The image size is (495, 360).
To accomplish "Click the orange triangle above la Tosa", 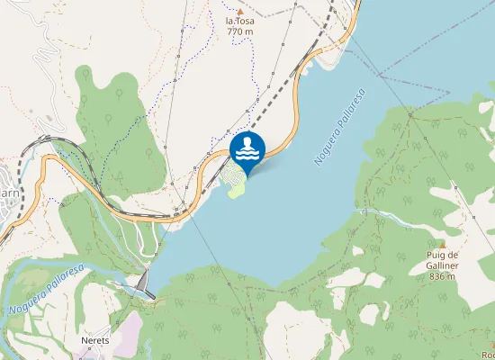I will (x=239, y=11).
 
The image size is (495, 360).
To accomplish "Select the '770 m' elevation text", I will (x=239, y=31).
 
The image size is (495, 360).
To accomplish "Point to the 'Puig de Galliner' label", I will (x=443, y=260).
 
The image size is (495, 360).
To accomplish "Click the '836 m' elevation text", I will (x=443, y=276).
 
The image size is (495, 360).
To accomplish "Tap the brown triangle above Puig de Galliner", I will (x=443, y=244).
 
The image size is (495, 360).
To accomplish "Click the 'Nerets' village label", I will (x=94, y=341).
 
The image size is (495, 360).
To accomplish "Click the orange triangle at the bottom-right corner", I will (x=490, y=342).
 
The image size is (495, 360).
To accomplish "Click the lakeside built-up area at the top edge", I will (x=337, y=45).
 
